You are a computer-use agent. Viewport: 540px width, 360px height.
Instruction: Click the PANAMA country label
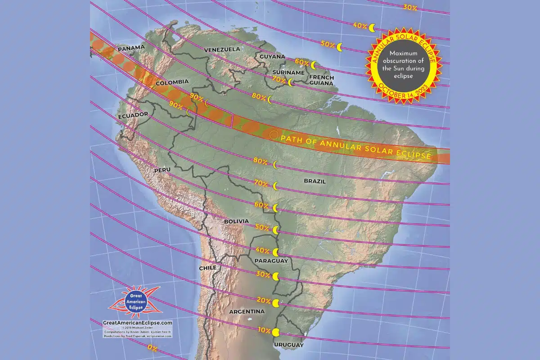point(130,47)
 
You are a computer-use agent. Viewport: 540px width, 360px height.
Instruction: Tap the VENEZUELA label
point(222,49)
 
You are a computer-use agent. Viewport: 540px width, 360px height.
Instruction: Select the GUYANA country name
point(272,57)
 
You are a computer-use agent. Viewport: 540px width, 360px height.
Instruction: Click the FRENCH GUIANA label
point(321,80)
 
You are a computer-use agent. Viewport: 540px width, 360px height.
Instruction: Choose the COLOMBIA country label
point(171,83)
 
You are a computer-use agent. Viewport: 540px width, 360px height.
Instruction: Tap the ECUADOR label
point(133,116)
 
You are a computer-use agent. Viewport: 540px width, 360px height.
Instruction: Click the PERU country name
point(162,171)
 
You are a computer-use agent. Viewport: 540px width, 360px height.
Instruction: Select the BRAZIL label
point(315,181)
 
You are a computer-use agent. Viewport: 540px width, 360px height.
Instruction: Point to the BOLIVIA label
point(236,221)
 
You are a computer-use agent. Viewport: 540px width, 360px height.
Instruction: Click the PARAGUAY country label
point(270,261)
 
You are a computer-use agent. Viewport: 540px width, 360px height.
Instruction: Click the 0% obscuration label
point(152,347)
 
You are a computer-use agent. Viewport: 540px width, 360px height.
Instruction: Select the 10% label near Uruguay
point(264,330)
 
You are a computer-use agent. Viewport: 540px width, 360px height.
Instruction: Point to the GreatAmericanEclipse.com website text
point(137,323)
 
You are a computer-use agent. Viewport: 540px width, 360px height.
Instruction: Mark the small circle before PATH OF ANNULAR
point(273,135)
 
